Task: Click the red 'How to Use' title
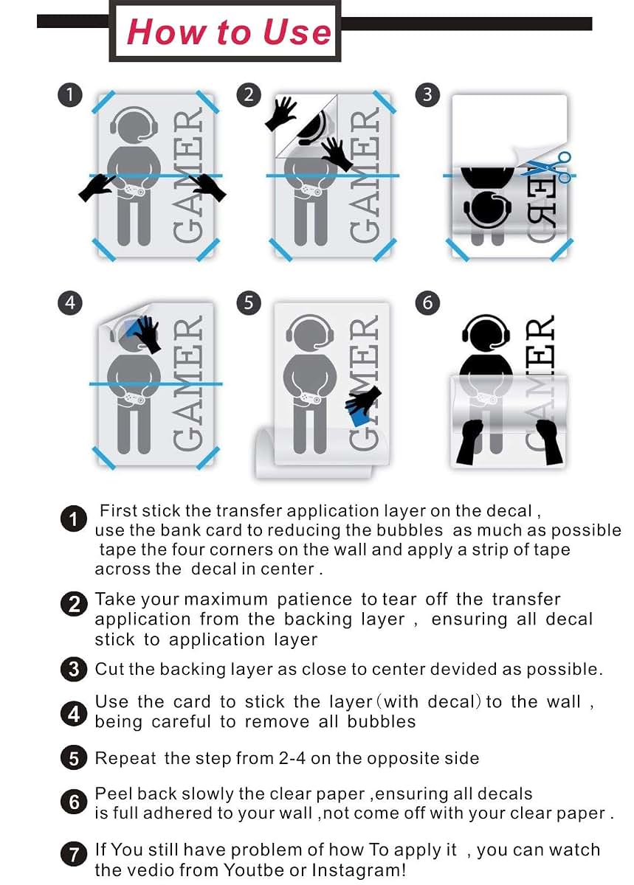click(229, 32)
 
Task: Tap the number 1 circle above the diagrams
click(70, 95)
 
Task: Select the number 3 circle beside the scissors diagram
click(427, 95)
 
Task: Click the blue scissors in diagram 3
click(547, 167)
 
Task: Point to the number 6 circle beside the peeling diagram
click(427, 303)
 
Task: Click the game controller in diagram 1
click(134, 190)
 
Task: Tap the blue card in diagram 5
click(358, 412)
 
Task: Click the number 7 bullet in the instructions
click(74, 855)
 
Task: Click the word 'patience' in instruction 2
click(314, 600)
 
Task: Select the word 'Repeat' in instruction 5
click(125, 758)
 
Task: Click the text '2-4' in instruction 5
click(292, 758)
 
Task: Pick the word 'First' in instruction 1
click(118, 511)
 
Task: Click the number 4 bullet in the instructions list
click(74, 715)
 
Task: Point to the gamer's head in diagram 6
click(486, 333)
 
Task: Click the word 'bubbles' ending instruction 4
click(382, 722)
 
